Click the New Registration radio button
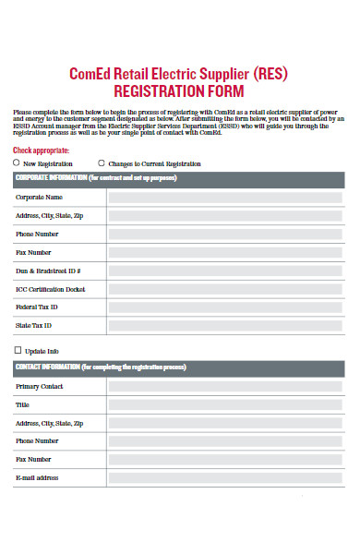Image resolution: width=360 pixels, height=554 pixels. (x=17, y=163)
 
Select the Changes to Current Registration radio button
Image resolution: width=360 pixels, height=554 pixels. (x=102, y=163)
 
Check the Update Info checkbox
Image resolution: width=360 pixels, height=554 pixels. (x=17, y=351)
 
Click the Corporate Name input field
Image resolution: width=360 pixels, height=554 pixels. (x=226, y=197)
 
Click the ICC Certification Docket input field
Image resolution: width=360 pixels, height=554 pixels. (x=226, y=289)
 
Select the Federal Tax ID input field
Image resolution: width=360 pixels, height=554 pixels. (x=226, y=307)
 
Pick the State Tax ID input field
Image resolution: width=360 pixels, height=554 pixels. (x=226, y=325)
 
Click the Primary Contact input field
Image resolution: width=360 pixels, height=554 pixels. (x=226, y=386)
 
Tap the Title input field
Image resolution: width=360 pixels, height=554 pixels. (x=226, y=404)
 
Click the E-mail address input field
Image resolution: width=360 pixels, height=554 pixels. (x=226, y=477)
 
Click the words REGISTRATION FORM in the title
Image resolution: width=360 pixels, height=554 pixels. (x=178, y=91)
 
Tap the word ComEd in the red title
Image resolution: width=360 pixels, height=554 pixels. (x=90, y=73)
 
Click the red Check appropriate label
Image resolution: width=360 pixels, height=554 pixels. (x=41, y=149)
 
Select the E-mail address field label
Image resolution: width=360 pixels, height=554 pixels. (x=37, y=477)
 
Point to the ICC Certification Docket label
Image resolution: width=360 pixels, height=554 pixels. (x=50, y=289)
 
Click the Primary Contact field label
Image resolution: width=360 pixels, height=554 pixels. (x=40, y=386)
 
